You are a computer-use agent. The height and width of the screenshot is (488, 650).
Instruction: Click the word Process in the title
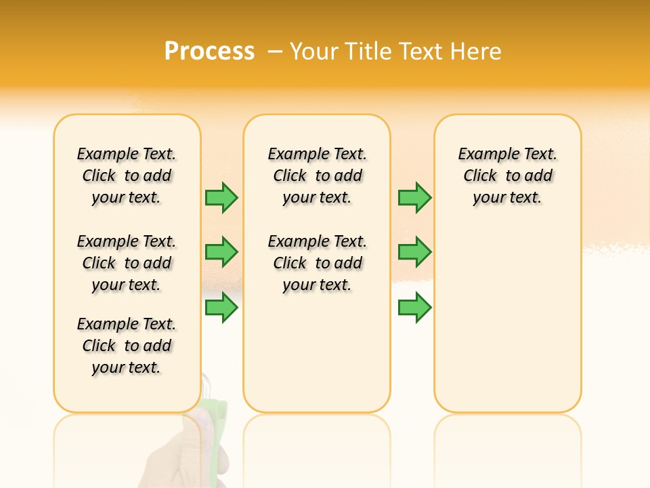[x=209, y=51]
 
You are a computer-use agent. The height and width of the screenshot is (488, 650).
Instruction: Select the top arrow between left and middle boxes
[x=221, y=197]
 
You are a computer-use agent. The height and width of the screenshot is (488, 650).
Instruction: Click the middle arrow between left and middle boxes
[x=221, y=252]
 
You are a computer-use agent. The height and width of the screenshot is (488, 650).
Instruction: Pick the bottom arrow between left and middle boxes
[x=221, y=307]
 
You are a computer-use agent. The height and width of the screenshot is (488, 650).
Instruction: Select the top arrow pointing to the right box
[x=414, y=197]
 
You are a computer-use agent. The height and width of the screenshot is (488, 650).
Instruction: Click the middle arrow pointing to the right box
[x=414, y=252]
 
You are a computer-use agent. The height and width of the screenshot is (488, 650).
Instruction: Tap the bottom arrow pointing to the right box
[x=414, y=307]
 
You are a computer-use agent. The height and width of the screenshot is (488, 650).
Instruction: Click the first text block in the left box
[x=127, y=176]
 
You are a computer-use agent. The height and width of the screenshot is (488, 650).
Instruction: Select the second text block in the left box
[x=127, y=263]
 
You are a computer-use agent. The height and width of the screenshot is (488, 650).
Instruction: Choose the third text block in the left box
[x=127, y=346]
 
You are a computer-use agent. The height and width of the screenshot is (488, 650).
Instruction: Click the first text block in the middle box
[x=317, y=176]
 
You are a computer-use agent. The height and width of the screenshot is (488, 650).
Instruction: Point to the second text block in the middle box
[x=317, y=263]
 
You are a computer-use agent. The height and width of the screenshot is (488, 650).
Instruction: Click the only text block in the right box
[x=507, y=176]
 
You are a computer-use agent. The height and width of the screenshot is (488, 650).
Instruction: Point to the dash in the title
[x=276, y=51]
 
